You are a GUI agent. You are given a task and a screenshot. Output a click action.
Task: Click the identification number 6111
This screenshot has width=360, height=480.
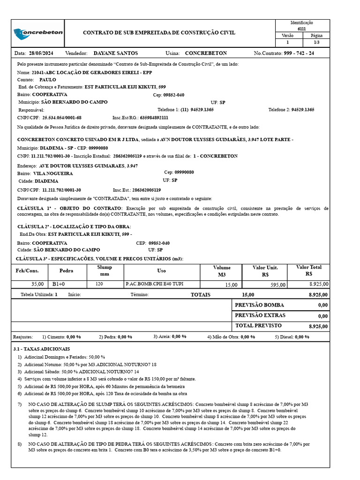(x=301, y=29)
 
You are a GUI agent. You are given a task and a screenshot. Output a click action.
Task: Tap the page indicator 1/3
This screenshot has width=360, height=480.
(x=316, y=43)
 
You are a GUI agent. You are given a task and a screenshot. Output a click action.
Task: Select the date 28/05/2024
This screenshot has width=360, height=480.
(x=42, y=53)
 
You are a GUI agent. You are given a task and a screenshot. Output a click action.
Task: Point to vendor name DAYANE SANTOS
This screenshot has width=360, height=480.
(x=116, y=53)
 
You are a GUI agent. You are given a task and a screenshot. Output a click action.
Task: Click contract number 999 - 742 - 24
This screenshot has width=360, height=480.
(x=299, y=53)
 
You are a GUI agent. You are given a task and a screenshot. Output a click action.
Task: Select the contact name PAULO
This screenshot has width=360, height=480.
(x=48, y=80)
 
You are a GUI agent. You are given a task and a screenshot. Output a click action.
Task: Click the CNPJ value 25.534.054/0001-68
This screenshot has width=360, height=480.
(x=62, y=118)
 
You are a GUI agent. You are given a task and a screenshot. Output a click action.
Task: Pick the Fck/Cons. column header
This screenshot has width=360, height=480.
(x=27, y=271)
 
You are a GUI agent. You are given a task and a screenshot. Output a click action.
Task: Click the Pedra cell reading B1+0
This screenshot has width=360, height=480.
(x=59, y=284)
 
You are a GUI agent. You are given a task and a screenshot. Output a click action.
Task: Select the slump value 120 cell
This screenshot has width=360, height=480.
(x=99, y=284)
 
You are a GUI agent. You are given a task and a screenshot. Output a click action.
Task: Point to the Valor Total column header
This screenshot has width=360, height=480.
(x=309, y=270)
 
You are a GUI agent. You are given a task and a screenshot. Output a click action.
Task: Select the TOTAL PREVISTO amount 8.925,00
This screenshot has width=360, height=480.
(x=318, y=326)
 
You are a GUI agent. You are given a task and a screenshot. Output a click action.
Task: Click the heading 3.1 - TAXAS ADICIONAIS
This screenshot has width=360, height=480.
(x=42, y=349)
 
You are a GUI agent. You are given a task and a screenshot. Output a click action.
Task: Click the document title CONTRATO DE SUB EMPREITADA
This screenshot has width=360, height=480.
(x=159, y=33)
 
